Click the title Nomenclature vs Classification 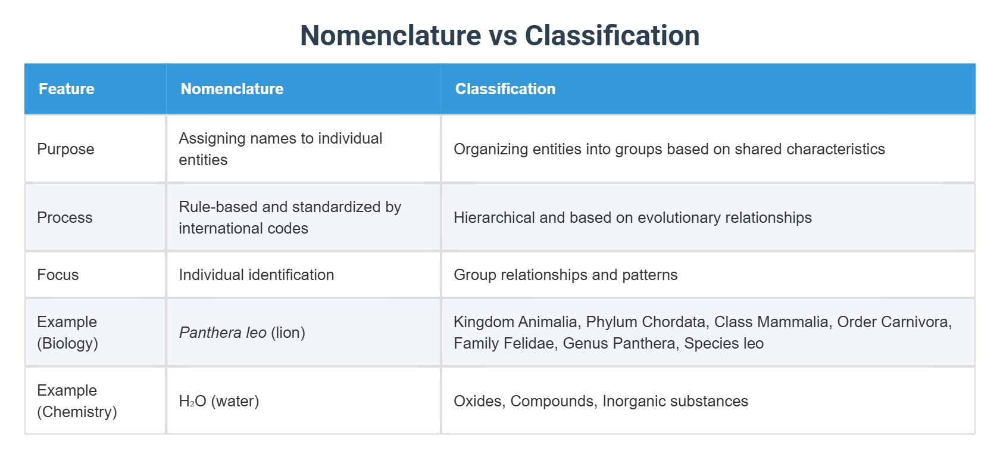pyautogui.click(x=499, y=35)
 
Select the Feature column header pyautogui.click(x=67, y=89)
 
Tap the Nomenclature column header pyautogui.click(x=232, y=89)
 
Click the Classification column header pyautogui.click(x=505, y=89)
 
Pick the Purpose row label pyautogui.click(x=65, y=149)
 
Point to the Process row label pyautogui.click(x=64, y=217)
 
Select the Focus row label pyautogui.click(x=58, y=275)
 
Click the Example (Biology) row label pyautogui.click(x=67, y=332)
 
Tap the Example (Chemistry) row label pyautogui.click(x=76, y=401)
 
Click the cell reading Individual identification pyautogui.click(x=256, y=275)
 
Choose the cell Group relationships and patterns pyautogui.click(x=565, y=275)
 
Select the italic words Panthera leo pyautogui.click(x=223, y=332)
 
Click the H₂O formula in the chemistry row pyautogui.click(x=192, y=401)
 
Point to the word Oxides pyautogui.click(x=479, y=401)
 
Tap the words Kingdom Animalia pyautogui.click(x=515, y=322)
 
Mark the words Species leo pyautogui.click(x=723, y=343)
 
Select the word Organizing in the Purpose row pyautogui.click(x=490, y=149)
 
